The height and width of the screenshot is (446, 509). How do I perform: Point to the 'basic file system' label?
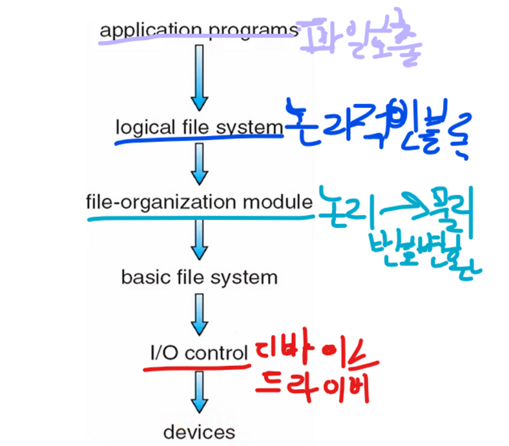199,278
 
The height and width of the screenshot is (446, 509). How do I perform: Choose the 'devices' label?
199,431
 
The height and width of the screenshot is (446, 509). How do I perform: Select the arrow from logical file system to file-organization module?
200,164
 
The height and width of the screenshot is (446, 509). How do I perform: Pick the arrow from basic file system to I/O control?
200,315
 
